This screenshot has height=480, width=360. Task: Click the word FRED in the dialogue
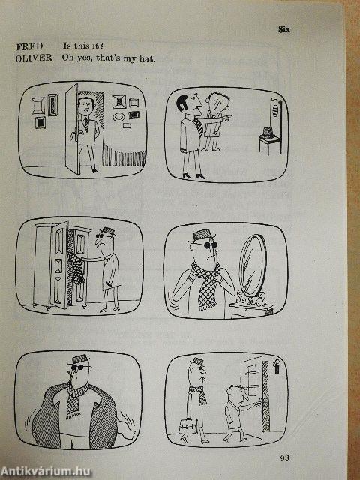click(28, 46)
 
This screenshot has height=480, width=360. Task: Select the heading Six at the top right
click(283, 30)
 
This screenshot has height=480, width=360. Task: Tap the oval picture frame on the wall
click(118, 117)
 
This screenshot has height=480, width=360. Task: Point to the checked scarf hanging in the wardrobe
click(75, 269)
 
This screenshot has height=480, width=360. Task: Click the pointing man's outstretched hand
click(229, 117)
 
